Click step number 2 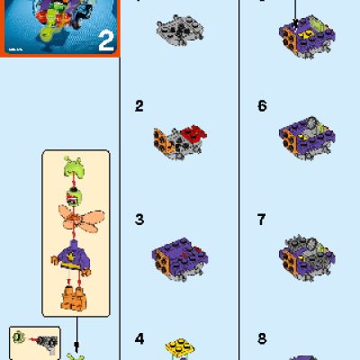point(139,106)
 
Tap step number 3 point(139,219)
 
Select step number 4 point(139,339)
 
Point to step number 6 point(262,106)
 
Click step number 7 point(262,219)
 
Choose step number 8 point(262,339)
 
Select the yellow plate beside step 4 point(179,347)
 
